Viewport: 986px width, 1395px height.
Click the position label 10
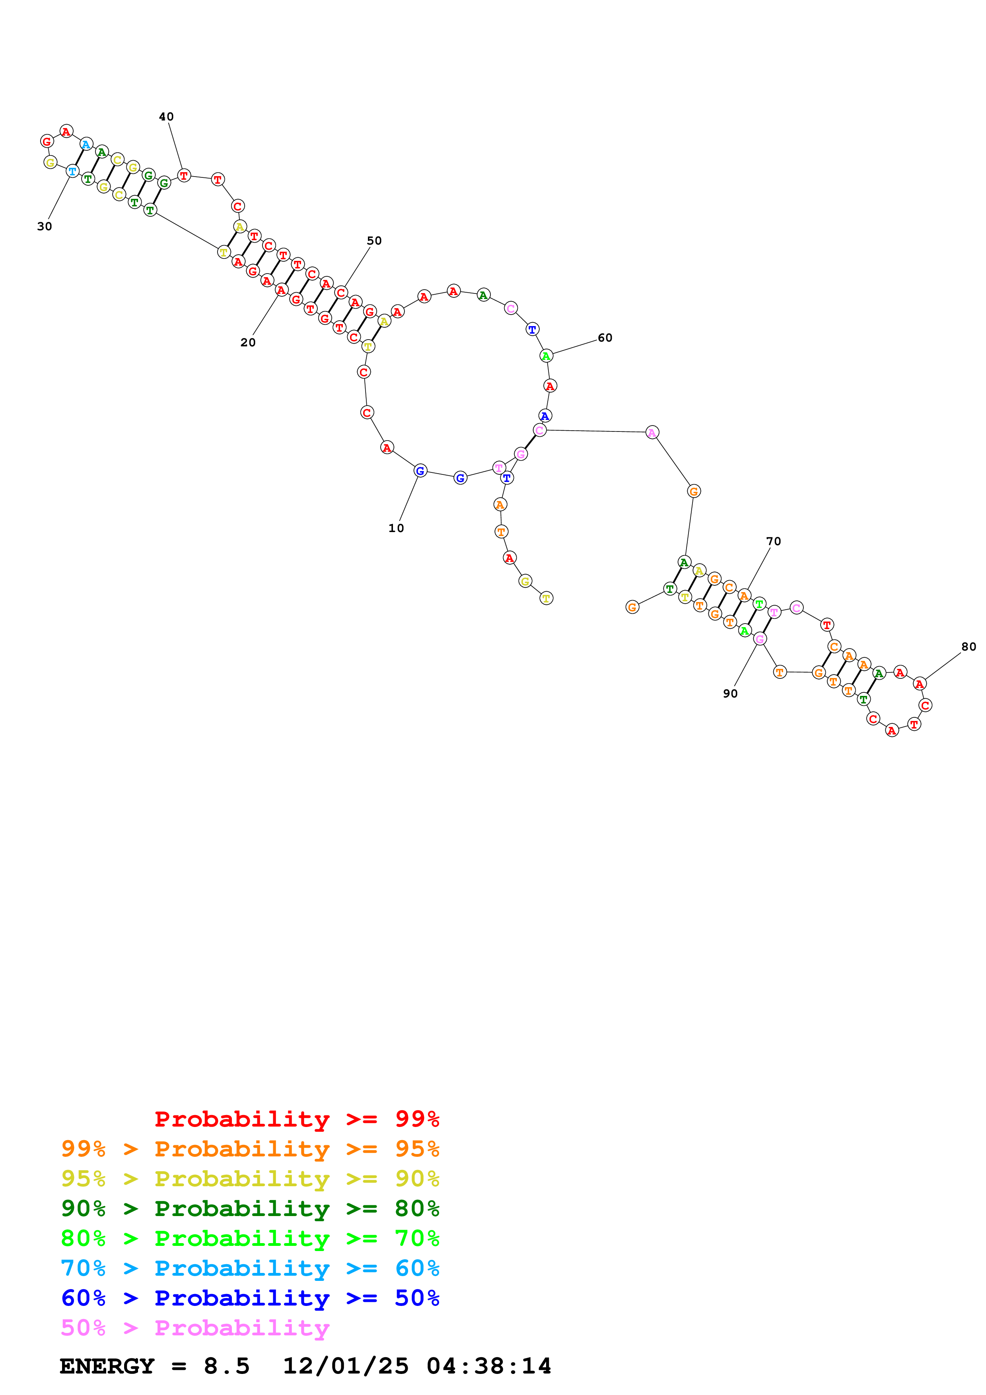[396, 528]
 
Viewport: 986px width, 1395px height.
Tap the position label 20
[248, 343]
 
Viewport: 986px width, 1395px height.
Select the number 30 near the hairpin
[45, 227]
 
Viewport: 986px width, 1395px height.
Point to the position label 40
[166, 117]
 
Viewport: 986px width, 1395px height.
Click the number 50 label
[374, 241]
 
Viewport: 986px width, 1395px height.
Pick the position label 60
[605, 338]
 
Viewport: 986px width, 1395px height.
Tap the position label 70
[773, 541]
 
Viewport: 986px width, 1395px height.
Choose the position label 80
[969, 647]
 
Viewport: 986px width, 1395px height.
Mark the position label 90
[730, 694]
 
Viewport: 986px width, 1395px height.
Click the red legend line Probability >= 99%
[296, 1119]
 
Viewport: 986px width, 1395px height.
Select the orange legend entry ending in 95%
[250, 1148]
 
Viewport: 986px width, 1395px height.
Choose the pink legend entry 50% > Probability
[195, 1327]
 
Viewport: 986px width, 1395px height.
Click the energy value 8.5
[227, 1366]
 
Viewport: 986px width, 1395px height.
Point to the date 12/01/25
[346, 1366]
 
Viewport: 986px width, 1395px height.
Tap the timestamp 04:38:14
[489, 1366]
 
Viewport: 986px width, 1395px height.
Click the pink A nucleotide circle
[652, 433]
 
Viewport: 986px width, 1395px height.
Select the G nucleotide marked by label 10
[420, 470]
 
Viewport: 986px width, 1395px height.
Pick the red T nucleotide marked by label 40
[183, 176]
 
